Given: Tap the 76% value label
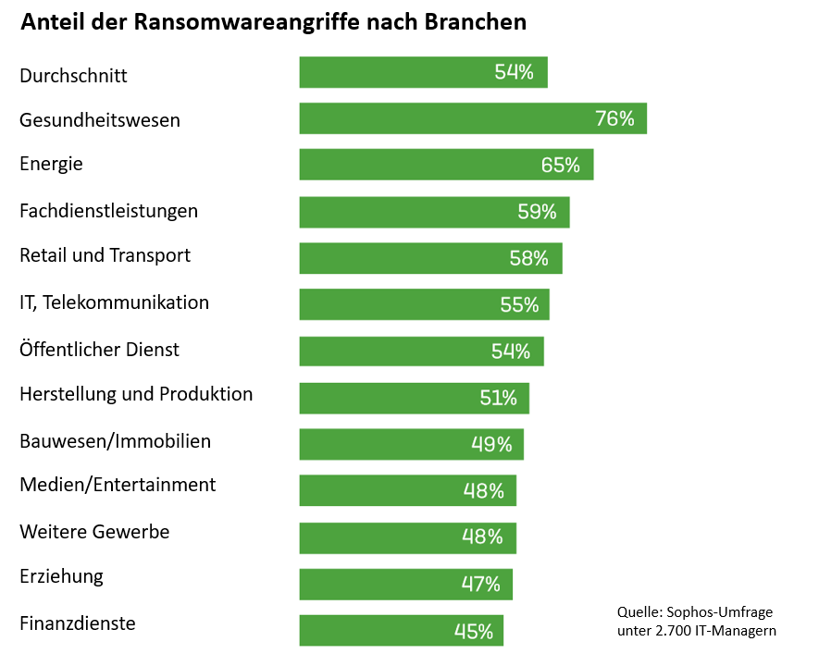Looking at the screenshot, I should click(x=614, y=118).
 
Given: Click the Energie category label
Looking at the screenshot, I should click(x=51, y=164).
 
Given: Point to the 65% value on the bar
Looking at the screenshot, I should click(x=560, y=166).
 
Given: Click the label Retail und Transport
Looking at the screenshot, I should click(x=105, y=254).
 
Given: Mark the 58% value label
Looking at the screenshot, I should click(x=528, y=259).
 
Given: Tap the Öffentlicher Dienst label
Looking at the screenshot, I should click(x=99, y=349).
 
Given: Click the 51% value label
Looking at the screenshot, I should click(x=498, y=399).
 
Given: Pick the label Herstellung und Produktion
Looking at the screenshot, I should click(x=136, y=394).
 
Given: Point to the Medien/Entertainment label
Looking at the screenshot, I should click(x=118, y=484).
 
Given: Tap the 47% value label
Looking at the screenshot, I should click(x=480, y=585).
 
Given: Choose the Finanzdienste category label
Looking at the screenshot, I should click(x=78, y=623).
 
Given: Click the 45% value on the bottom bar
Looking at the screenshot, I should click(x=473, y=632).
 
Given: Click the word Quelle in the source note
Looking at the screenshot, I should click(x=638, y=612).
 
